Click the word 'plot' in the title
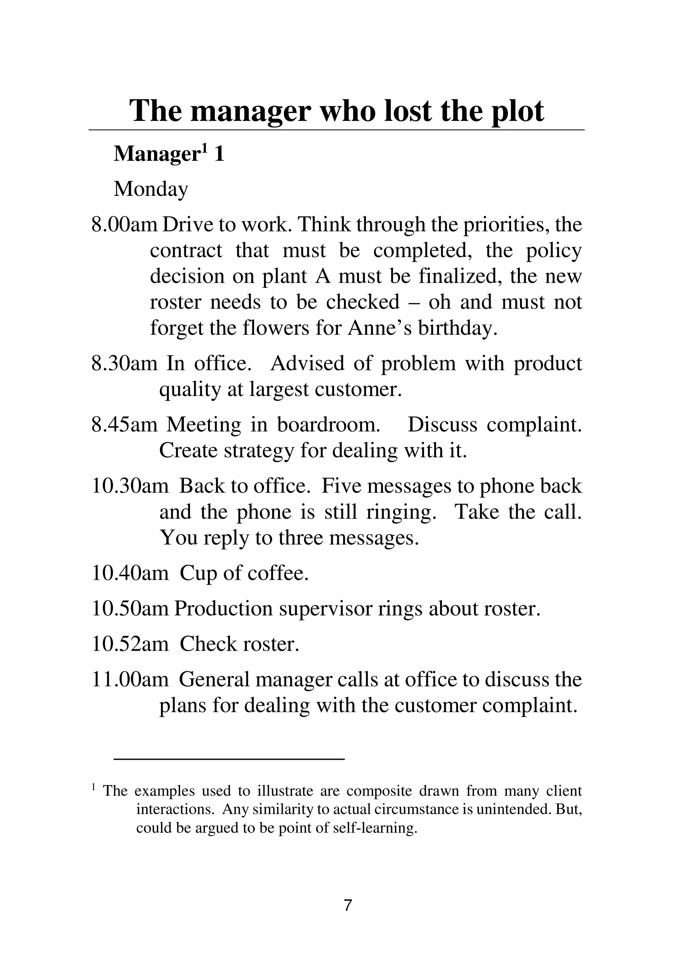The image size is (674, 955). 517,112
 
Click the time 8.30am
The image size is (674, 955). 124,363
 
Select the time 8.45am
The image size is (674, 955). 124,425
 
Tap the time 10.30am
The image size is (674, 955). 130,486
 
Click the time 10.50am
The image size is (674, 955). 130,609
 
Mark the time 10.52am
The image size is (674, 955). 130,644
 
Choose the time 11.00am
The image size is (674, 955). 130,680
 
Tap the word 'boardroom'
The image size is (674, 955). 328,425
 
